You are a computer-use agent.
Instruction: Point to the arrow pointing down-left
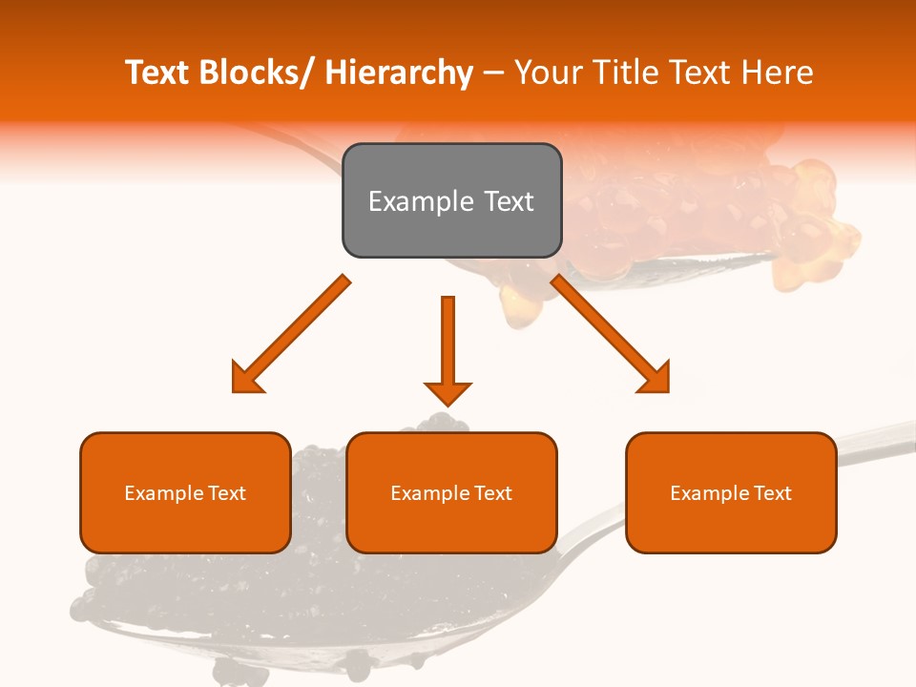click(x=296, y=329)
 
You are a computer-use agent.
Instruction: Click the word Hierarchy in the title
click(x=399, y=73)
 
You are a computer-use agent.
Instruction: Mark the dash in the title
click(x=493, y=73)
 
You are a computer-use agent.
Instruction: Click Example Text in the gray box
click(x=451, y=201)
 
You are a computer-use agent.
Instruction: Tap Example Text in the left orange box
click(x=185, y=493)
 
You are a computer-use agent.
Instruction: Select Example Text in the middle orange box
click(x=451, y=493)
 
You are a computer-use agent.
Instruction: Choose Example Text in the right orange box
click(x=731, y=493)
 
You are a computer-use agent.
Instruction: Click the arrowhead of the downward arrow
click(x=448, y=392)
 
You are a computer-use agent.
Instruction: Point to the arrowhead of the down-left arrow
click(x=247, y=379)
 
